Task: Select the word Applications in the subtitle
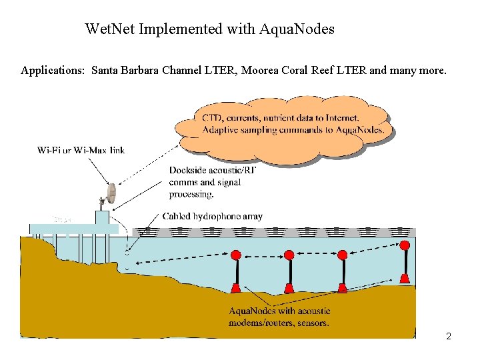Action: tap(52, 70)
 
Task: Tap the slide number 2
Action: tap(449, 336)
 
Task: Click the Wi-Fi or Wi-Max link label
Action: tap(81, 150)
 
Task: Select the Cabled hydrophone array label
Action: tap(213, 216)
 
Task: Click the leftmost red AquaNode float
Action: tap(235, 255)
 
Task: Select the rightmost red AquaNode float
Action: tap(405, 245)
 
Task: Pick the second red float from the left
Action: tap(289, 255)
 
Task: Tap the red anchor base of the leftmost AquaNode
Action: tap(235, 288)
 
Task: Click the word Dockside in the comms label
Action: tap(189, 171)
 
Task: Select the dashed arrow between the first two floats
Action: tap(262, 255)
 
